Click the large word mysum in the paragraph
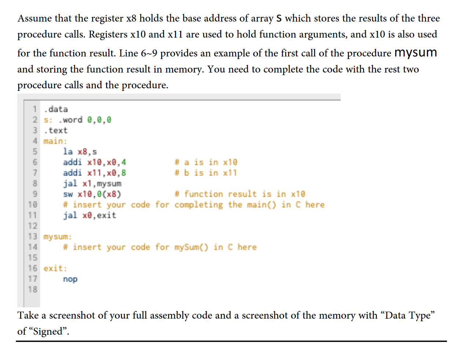pyautogui.click(x=416, y=53)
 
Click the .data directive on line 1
pyautogui.click(x=56, y=109)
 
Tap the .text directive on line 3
pyautogui.click(x=56, y=130)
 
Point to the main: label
pyautogui.click(x=55, y=141)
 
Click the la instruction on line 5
pyautogui.click(x=68, y=152)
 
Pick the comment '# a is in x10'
pyautogui.click(x=206, y=162)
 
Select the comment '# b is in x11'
pyautogui.click(x=206, y=173)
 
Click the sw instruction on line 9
pyautogui.click(x=68, y=194)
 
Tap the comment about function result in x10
pyautogui.click(x=240, y=194)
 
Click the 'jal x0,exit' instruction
pyautogui.click(x=89, y=215)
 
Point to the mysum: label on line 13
pyautogui.click(x=57, y=237)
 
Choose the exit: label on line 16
pyautogui.click(x=55, y=268)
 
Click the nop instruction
pyautogui.click(x=70, y=279)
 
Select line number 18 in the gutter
pyautogui.click(x=33, y=290)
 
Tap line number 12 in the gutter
pyautogui.click(x=33, y=226)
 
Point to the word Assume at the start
pyautogui.click(x=35, y=18)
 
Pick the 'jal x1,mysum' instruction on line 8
pyautogui.click(x=92, y=183)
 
